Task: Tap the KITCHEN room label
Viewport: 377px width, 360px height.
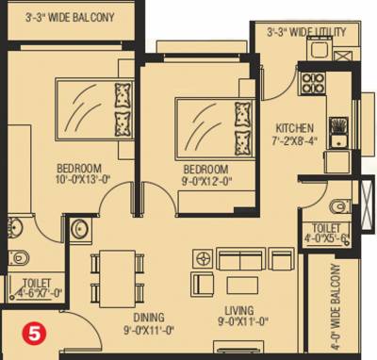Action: tap(294, 128)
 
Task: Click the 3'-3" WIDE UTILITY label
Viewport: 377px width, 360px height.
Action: tap(304, 33)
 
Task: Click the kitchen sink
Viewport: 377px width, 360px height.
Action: tap(336, 126)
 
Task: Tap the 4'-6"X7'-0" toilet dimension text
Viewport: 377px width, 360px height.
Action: tap(37, 292)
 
